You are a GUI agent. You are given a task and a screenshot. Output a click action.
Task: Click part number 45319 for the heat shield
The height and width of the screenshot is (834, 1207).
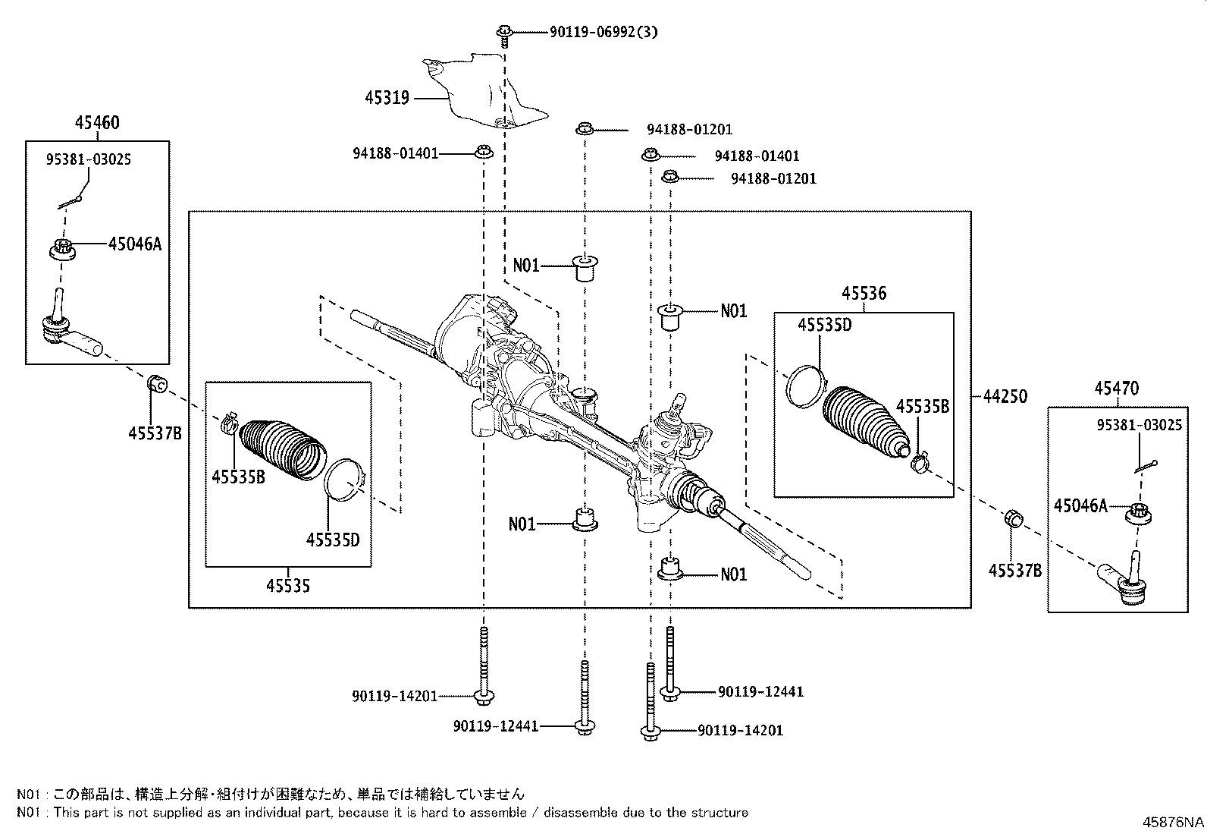tap(387, 98)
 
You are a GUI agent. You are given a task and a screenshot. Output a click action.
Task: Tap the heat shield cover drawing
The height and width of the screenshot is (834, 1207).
tap(485, 91)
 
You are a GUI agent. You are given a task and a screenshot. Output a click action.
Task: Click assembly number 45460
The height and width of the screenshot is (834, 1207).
tap(97, 123)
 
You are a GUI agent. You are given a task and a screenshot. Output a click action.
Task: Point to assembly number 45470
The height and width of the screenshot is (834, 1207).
tap(1116, 389)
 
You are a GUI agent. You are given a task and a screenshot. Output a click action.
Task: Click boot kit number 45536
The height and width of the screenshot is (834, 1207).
tap(864, 294)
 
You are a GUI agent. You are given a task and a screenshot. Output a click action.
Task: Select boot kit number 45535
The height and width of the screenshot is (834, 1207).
tap(288, 586)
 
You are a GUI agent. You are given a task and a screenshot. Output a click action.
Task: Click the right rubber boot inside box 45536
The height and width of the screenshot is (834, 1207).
tap(864, 421)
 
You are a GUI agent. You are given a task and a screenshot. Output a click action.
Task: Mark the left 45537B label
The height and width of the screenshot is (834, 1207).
tap(155, 433)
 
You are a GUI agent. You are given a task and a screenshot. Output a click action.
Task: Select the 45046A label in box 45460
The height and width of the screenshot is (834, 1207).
tap(135, 244)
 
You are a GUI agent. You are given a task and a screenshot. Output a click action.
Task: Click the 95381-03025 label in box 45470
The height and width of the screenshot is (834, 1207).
tap(1139, 425)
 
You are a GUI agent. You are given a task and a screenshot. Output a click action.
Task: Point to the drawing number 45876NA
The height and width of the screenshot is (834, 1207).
tap(1173, 822)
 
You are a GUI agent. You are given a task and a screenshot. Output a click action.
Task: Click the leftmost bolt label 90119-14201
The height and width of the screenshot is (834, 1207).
tap(395, 695)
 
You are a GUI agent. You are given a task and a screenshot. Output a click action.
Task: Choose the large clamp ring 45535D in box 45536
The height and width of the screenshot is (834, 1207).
tap(804, 384)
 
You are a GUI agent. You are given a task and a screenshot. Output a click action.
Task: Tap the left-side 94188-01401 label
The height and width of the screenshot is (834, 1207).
tap(395, 153)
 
